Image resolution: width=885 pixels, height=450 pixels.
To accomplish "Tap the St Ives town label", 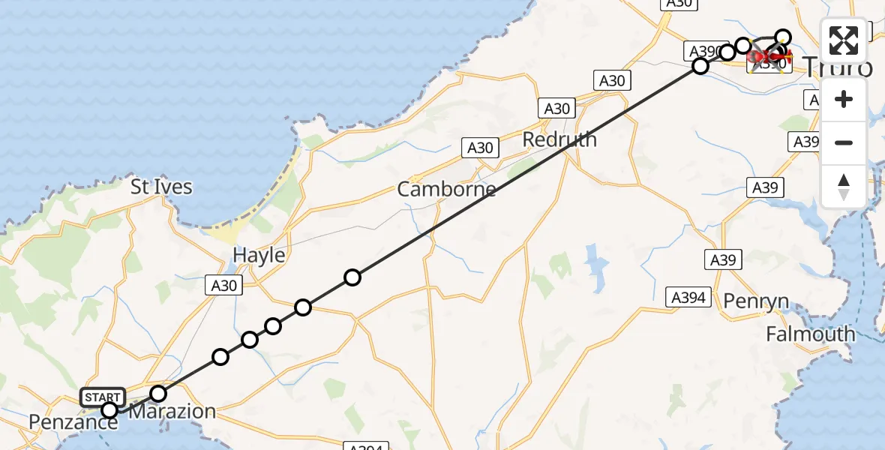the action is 161,187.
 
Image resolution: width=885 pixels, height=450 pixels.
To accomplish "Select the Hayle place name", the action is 259,255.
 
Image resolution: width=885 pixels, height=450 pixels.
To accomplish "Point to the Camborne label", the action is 446,189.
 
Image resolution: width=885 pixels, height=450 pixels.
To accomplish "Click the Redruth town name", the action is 559,139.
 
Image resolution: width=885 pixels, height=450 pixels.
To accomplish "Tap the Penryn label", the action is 756,301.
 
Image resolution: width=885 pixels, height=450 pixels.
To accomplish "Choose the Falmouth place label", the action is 810,334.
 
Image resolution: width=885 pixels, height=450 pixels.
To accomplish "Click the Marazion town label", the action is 172,411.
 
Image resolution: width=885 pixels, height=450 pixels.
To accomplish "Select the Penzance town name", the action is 73,422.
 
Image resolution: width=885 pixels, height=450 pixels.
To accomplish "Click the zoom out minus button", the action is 844,142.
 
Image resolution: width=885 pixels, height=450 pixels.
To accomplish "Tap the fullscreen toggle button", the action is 844,40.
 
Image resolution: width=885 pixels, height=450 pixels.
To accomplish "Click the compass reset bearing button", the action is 844,186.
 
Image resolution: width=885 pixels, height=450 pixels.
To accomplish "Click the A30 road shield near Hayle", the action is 223,285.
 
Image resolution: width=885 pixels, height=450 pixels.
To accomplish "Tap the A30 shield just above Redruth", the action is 557,109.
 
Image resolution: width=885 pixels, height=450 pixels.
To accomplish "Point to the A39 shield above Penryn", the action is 724,260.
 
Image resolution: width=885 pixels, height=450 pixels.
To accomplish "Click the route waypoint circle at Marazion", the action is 158,393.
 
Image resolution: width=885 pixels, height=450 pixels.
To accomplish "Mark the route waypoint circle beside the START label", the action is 109,409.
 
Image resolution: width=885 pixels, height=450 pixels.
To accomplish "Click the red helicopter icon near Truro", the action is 768,55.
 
